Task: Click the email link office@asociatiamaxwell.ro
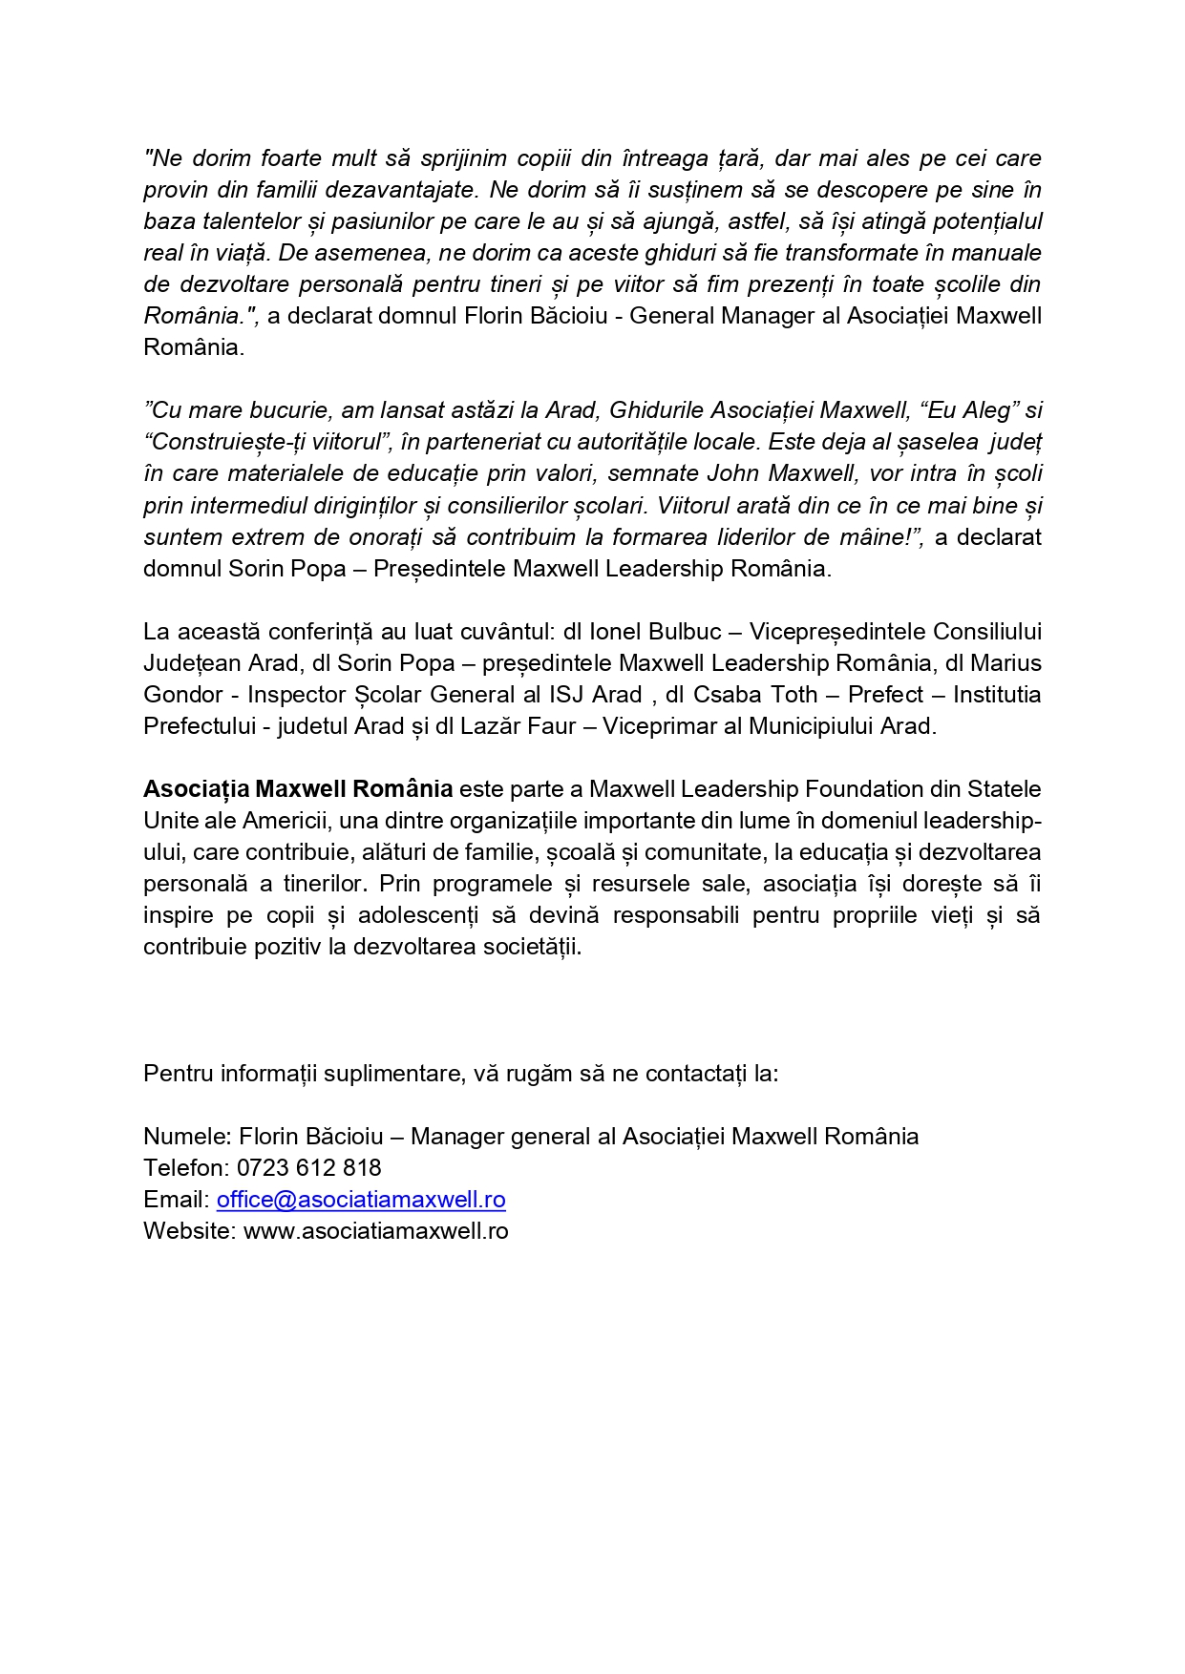pos(361,1200)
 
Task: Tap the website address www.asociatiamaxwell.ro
pos(376,1231)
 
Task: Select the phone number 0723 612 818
pos(309,1168)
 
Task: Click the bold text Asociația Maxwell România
pos(298,789)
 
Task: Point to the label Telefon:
pos(186,1168)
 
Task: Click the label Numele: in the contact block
pos(187,1137)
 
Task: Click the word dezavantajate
pos(400,190)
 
